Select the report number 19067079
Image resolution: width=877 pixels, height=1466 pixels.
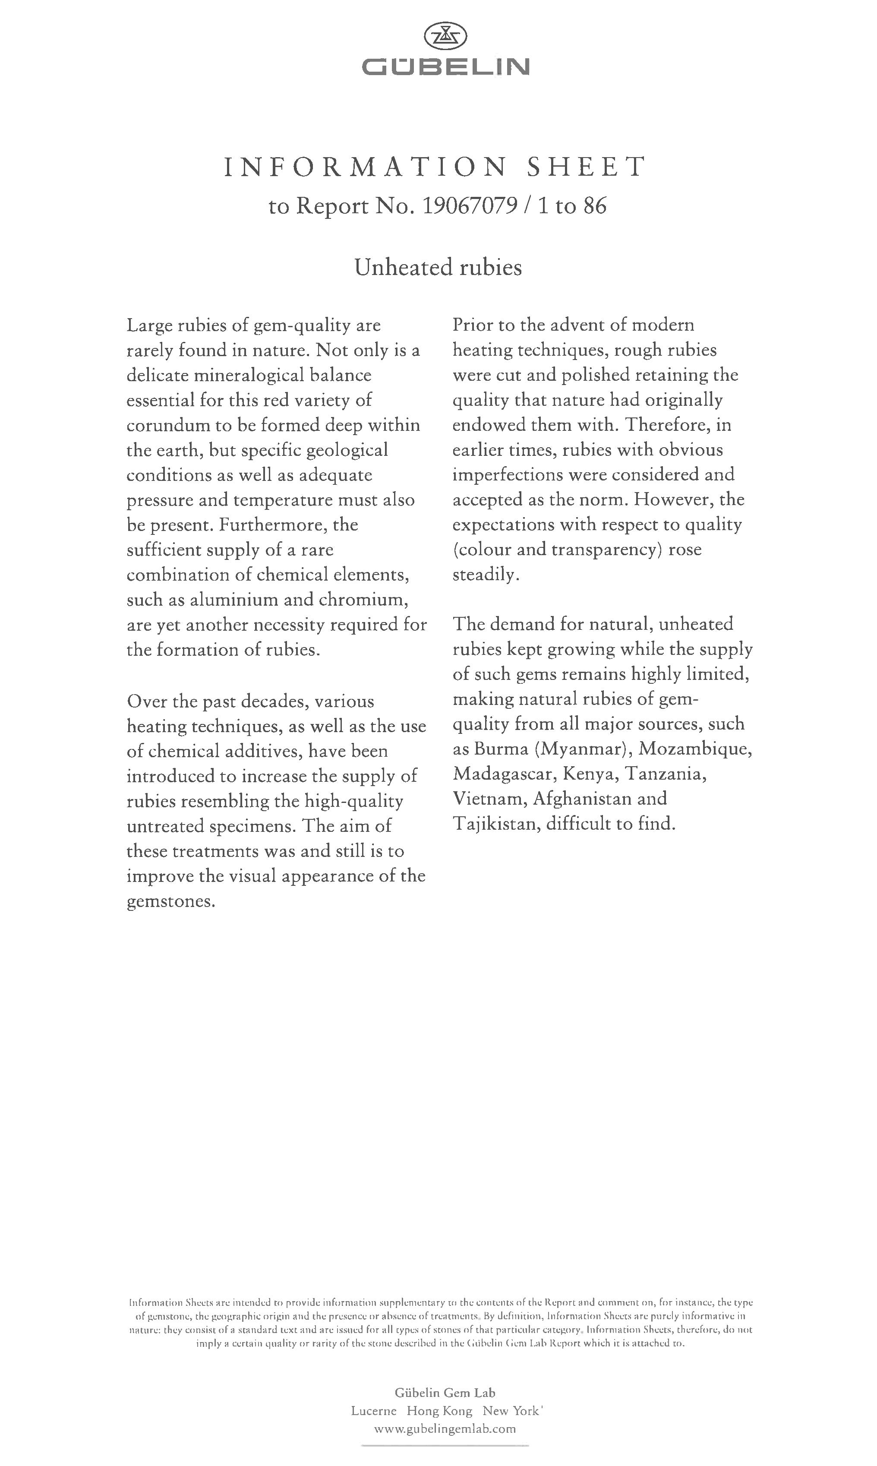(x=470, y=206)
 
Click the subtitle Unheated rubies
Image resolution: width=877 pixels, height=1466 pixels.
(x=438, y=268)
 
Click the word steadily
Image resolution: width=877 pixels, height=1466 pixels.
(x=486, y=575)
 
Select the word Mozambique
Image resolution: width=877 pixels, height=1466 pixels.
(x=696, y=749)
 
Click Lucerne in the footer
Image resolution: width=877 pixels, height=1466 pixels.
(x=373, y=1411)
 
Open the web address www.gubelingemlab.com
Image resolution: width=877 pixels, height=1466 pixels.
(x=445, y=1429)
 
